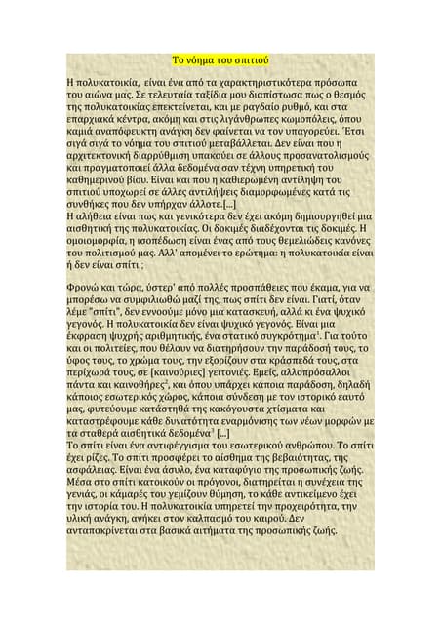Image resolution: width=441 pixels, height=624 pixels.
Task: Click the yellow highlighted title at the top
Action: pyautogui.click(x=220, y=58)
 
